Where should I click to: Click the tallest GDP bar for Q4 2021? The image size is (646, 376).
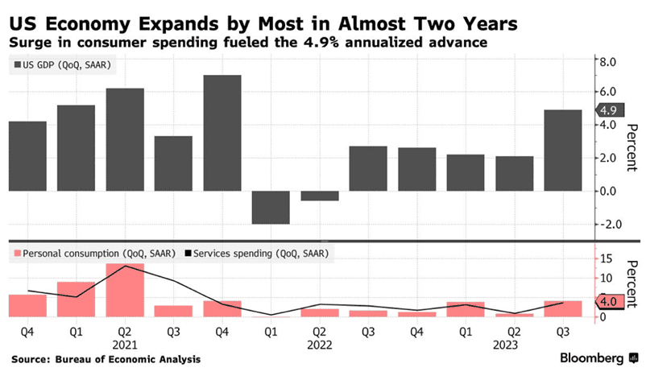point(222,133)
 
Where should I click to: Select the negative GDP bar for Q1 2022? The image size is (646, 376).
point(270,207)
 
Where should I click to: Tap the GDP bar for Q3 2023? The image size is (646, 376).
point(562,150)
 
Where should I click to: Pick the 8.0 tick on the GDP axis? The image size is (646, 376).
point(607,61)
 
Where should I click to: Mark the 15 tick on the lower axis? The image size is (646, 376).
point(606,258)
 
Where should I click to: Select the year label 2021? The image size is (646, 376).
point(124,344)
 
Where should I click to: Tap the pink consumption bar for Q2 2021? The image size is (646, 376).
point(124,290)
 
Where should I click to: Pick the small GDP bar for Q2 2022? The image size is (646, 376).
point(319,196)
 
